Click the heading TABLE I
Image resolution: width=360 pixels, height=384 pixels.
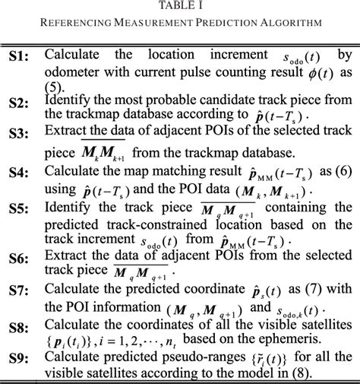(179, 6)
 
